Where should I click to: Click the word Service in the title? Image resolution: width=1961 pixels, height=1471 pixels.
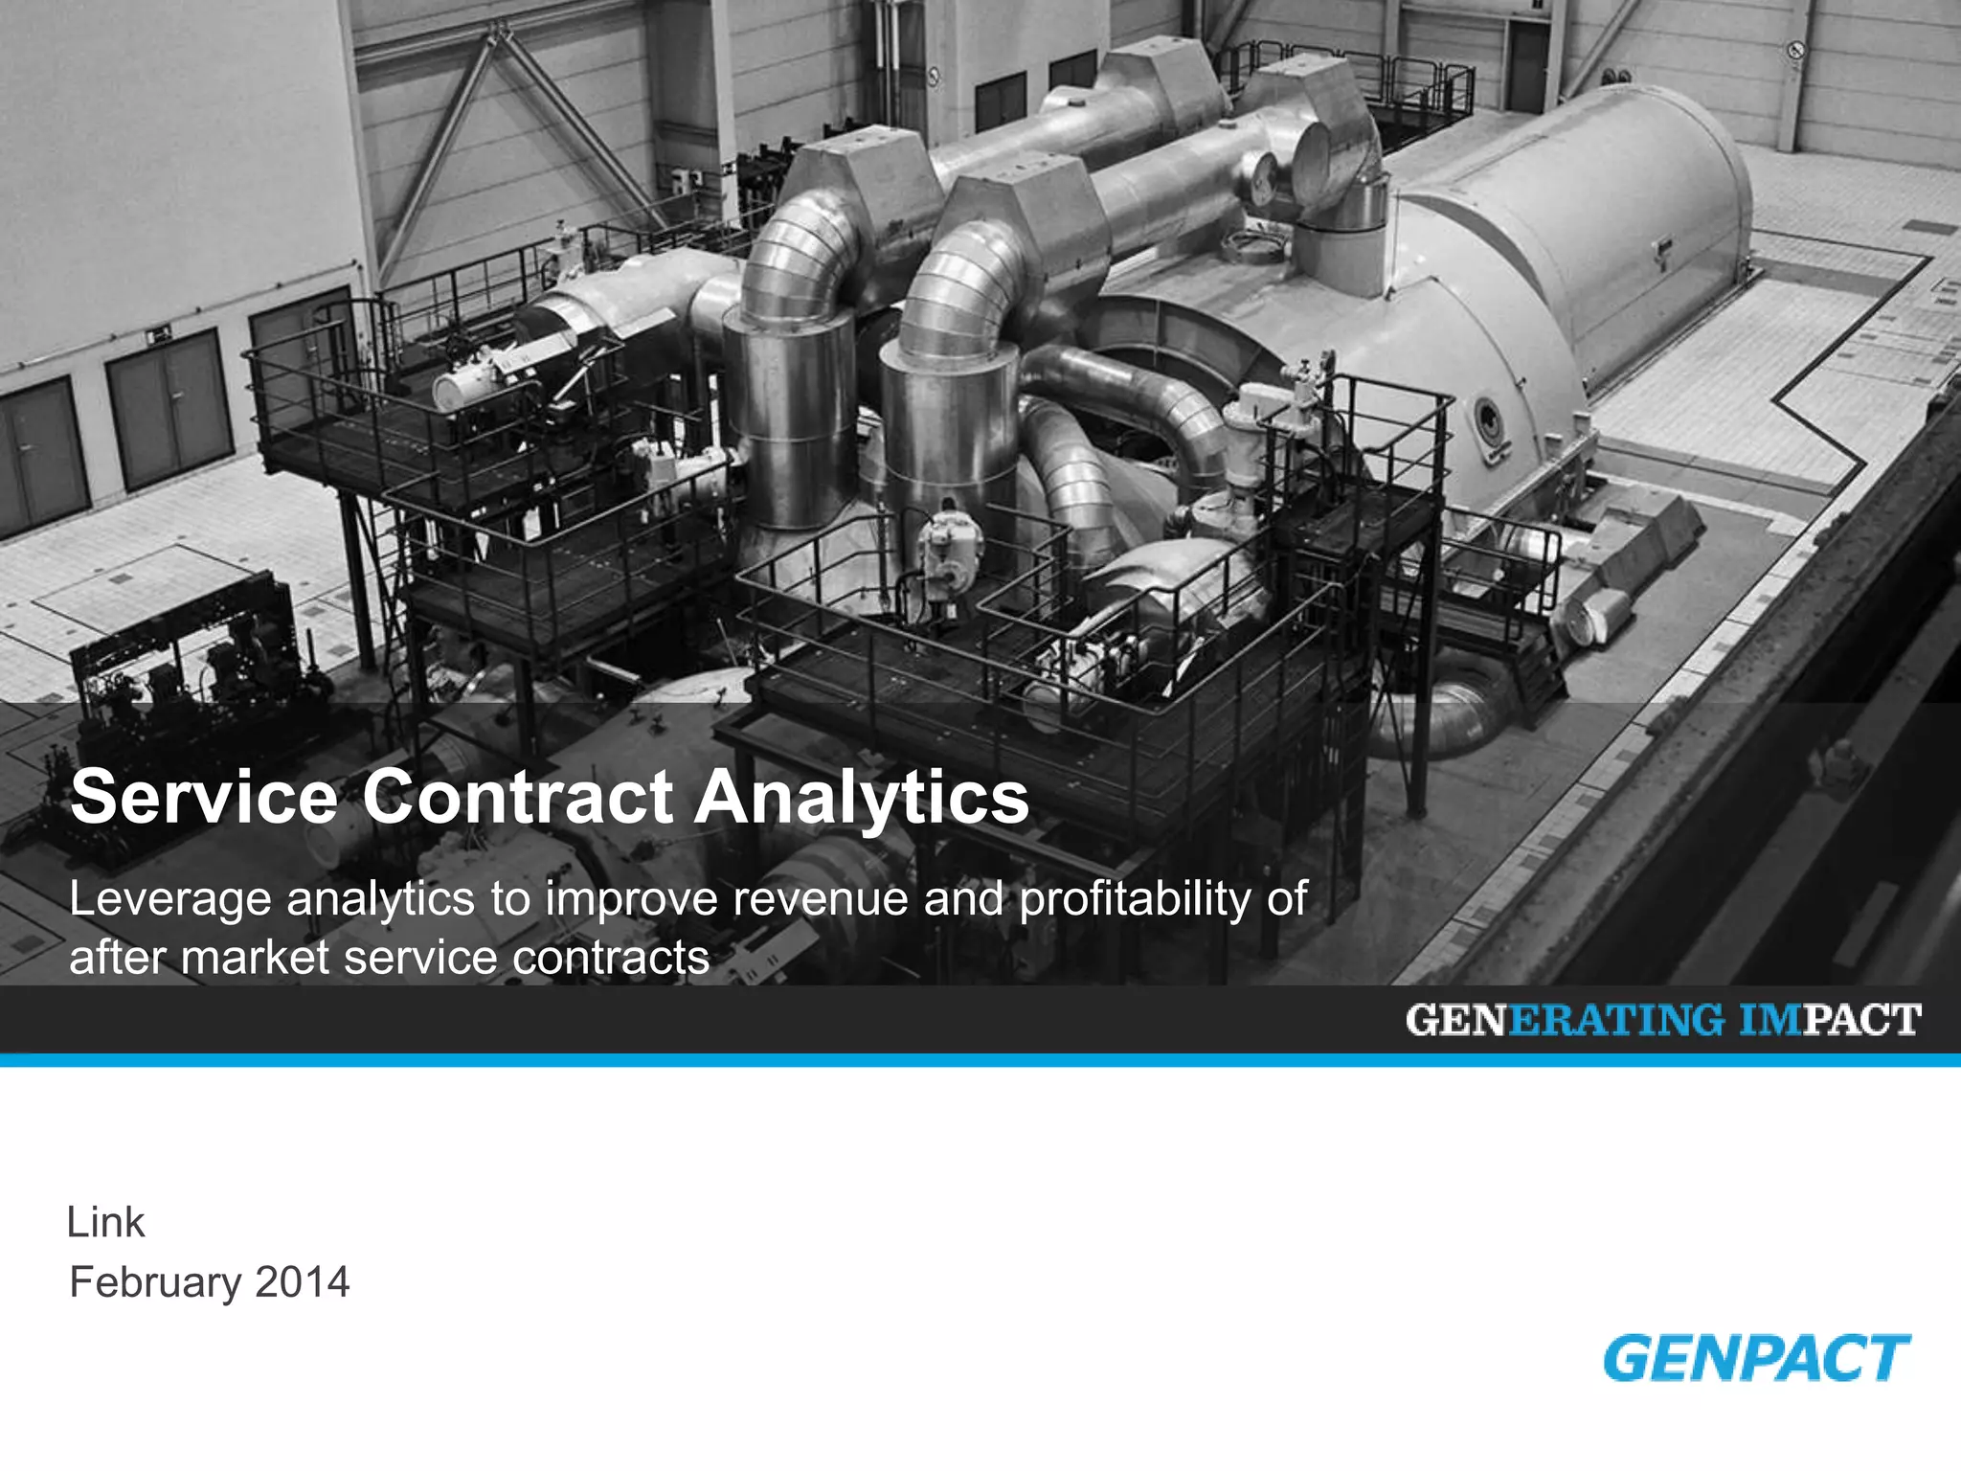coord(204,797)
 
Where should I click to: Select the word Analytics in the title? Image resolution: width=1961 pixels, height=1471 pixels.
coord(861,799)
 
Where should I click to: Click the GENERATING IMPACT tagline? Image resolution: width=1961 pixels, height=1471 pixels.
coord(1663,1020)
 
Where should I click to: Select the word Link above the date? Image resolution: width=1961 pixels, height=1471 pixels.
coord(105,1223)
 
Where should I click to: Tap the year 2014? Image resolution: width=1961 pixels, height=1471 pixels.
coord(303,1283)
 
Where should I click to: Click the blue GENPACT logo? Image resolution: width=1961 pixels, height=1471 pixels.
coord(1756,1358)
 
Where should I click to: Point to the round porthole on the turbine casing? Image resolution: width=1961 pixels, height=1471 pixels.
coord(1487,419)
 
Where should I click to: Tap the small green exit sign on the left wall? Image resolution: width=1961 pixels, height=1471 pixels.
coord(160,334)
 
